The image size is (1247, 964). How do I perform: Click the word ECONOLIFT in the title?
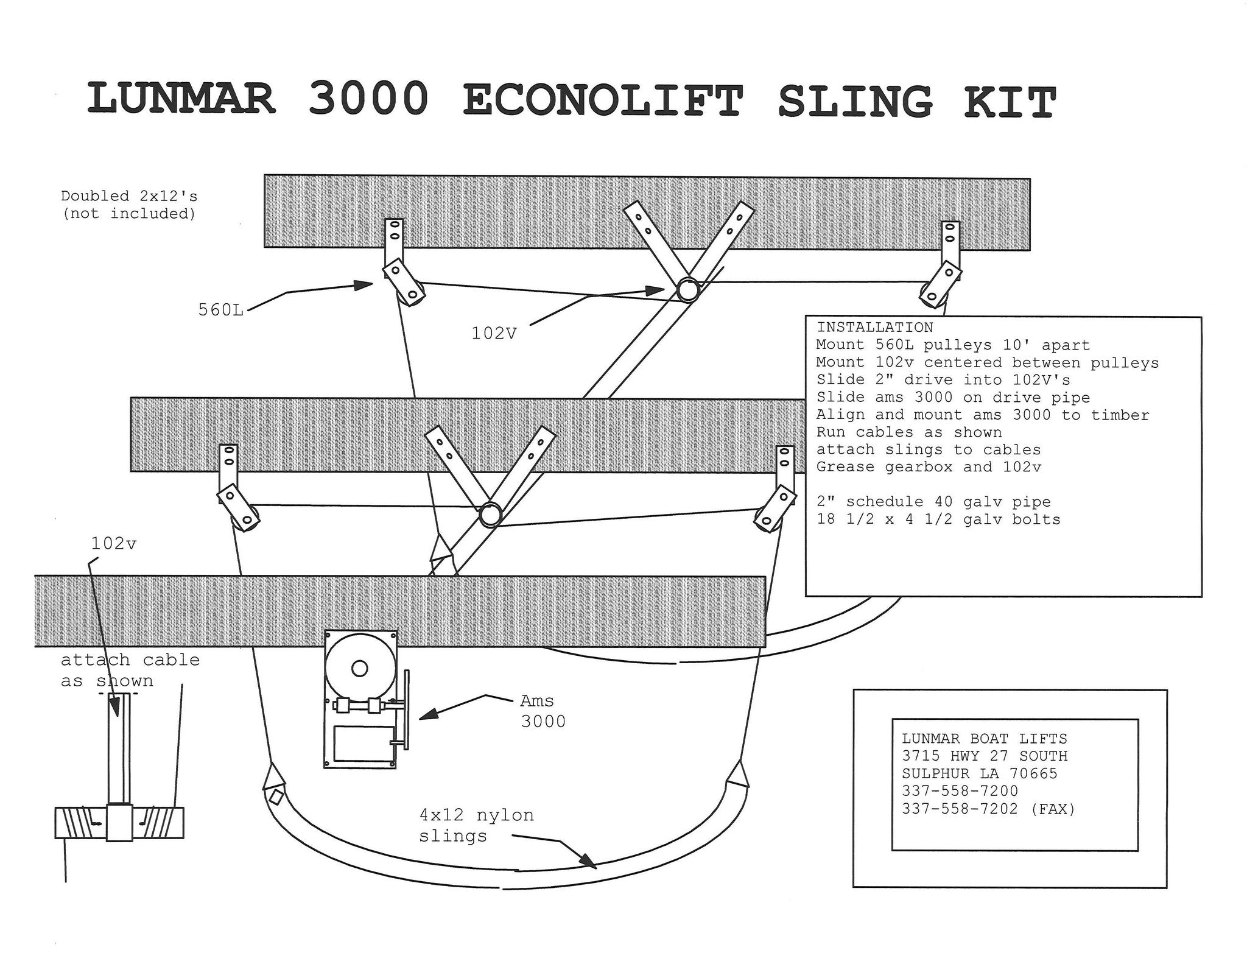[x=603, y=101]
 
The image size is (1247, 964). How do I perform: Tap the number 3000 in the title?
[x=368, y=99]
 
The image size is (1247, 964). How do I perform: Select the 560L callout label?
[x=220, y=310]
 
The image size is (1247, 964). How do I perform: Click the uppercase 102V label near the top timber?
[x=494, y=334]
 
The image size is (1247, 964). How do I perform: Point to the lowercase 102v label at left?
[x=114, y=544]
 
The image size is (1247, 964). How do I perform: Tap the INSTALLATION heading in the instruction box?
[x=874, y=328]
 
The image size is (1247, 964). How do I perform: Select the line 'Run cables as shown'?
[x=908, y=432]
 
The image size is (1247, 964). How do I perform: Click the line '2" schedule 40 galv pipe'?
[x=933, y=502]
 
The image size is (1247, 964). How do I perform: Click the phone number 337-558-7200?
[x=960, y=791]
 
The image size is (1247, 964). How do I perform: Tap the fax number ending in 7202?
[x=988, y=809]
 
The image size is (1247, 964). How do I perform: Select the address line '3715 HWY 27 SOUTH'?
[x=985, y=756]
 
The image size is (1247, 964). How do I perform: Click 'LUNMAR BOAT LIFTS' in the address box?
[x=984, y=739]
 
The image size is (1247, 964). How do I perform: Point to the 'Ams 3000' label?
[x=543, y=711]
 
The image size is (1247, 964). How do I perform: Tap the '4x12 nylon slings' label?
[x=476, y=825]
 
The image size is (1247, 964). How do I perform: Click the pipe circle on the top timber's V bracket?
[x=688, y=290]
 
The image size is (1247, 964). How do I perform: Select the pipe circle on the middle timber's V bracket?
[x=489, y=515]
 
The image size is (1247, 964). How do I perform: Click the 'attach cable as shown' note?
[x=130, y=670]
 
